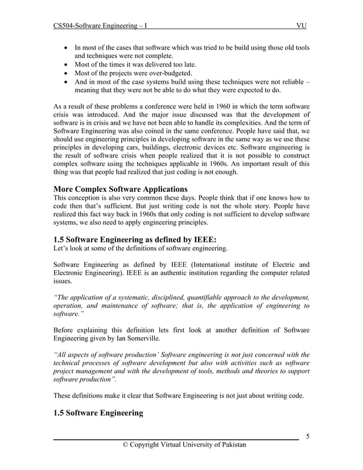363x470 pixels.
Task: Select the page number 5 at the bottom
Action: point(307,436)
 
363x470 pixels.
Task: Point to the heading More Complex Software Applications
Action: point(120,189)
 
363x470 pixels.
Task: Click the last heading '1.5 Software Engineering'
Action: point(98,413)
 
